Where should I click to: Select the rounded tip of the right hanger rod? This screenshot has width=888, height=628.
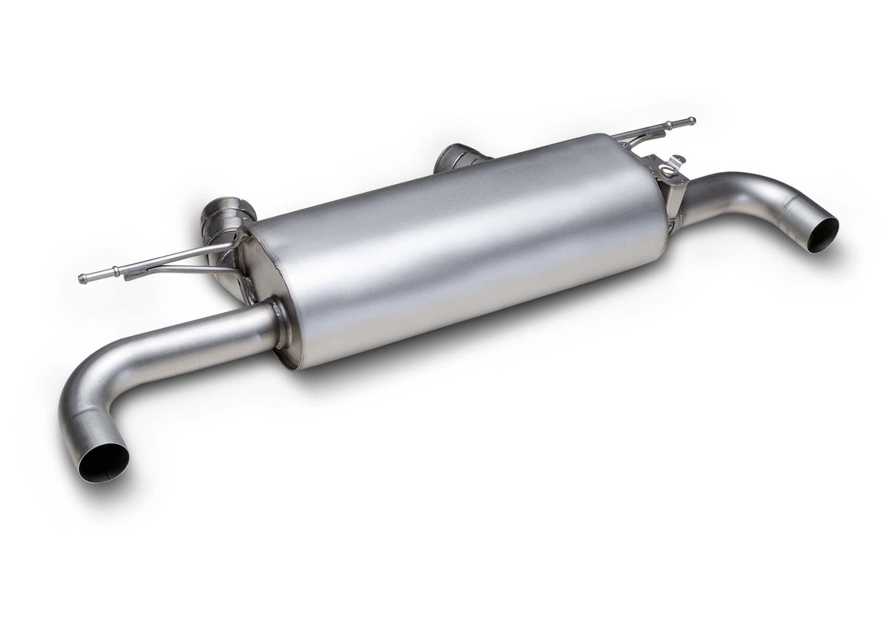pos(692,120)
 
